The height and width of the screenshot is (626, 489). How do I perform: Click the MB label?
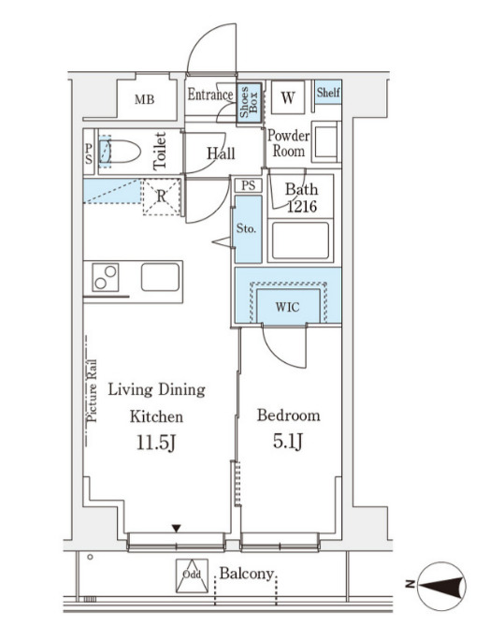144,99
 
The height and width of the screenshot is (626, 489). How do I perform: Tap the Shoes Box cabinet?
250,103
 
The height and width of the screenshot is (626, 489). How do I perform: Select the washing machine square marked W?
288,97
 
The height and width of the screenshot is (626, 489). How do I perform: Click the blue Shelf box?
328,93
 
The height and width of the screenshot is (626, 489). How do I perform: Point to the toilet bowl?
120,152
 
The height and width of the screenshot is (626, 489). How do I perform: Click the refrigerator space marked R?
161,197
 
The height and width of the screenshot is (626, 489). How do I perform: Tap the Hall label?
221,153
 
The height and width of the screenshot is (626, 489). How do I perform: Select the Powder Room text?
288,143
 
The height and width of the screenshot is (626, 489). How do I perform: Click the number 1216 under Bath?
302,206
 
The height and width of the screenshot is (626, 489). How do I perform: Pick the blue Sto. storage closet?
248,228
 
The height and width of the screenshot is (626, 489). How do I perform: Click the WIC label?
287,307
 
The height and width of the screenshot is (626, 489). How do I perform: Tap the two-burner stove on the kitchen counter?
106,277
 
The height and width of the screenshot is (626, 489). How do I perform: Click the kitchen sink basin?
160,277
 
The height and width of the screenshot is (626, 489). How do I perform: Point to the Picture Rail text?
93,391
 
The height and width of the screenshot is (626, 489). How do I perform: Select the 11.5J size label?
156,443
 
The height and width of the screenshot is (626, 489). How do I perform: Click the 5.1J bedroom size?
288,441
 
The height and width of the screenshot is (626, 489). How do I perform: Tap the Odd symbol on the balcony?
192,575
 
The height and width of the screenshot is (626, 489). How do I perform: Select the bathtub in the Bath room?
301,240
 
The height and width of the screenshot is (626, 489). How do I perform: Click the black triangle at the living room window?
177,529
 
